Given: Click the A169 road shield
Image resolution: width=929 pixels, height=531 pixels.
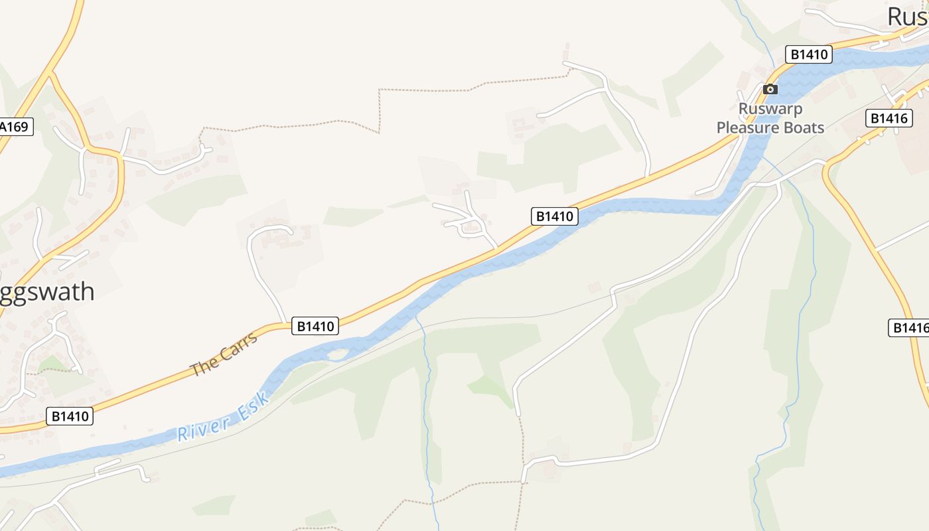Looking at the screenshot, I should (x=15, y=126).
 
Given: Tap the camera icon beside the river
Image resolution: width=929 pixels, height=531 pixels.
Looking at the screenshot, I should (x=770, y=89).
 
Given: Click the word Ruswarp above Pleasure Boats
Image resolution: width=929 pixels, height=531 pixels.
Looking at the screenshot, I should (x=770, y=109).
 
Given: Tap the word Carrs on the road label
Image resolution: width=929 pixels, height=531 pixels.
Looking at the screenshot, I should (x=236, y=346).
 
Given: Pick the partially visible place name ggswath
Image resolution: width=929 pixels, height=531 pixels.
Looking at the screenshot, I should (x=46, y=292).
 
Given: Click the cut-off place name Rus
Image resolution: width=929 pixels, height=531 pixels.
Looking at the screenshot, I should (x=908, y=17).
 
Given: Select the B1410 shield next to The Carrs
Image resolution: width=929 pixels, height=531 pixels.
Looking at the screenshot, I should (x=316, y=326).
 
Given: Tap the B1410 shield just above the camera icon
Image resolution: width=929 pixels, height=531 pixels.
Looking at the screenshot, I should (x=808, y=54).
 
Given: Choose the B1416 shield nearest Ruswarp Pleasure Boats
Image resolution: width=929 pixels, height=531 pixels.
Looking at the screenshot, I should (x=889, y=118).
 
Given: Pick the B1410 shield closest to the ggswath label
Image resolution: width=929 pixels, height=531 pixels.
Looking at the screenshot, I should (x=70, y=416).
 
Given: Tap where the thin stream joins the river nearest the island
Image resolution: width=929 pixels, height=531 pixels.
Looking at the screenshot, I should (x=417, y=317).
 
